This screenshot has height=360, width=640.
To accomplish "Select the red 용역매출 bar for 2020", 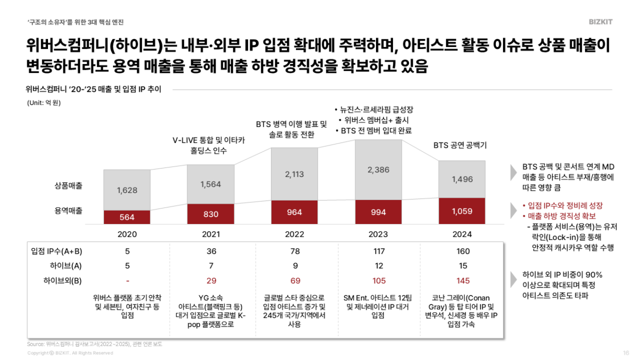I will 127,217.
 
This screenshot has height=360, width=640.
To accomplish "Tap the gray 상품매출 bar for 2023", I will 378,170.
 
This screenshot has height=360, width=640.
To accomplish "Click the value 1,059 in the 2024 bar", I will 462,211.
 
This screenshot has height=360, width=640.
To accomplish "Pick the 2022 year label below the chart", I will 294,234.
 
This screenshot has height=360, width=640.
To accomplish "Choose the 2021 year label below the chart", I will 211,234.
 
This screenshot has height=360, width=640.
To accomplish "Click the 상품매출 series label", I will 68,186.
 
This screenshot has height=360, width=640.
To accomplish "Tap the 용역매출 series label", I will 68,211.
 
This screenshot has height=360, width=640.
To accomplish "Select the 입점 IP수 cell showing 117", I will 378,251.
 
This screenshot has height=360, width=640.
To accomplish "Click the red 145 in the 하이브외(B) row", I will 462,281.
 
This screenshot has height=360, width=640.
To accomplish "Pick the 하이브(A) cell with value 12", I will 378,266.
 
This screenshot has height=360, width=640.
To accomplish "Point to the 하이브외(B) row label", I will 61,281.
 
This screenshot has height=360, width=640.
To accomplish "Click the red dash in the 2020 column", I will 127,281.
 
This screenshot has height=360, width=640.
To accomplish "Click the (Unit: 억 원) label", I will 44,102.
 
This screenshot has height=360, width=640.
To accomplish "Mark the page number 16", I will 626,353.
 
